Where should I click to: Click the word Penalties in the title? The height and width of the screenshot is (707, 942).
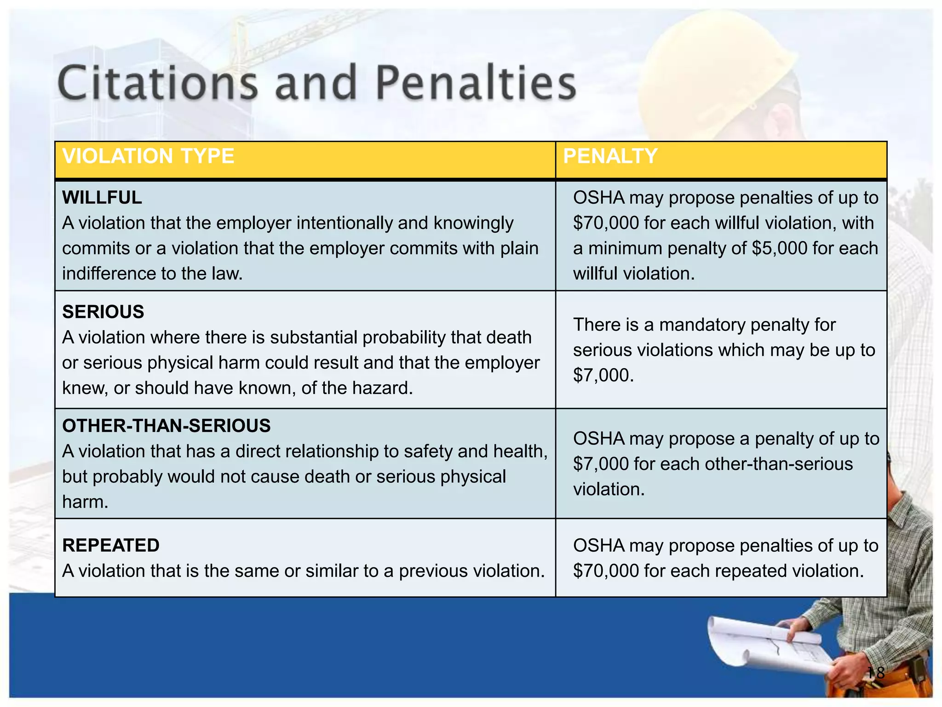tap(476, 84)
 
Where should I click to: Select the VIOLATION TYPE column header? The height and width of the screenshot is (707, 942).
tap(148, 156)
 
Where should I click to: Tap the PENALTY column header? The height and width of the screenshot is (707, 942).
tap(610, 156)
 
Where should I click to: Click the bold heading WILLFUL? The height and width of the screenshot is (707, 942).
tap(102, 197)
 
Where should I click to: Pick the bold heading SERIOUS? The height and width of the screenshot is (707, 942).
tap(103, 312)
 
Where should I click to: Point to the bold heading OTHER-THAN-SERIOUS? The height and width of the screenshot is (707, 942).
tap(167, 426)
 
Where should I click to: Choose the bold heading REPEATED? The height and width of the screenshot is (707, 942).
tap(111, 545)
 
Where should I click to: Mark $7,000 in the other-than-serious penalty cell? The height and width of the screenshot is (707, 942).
tap(601, 464)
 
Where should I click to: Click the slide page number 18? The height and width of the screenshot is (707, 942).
tap(875, 673)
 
